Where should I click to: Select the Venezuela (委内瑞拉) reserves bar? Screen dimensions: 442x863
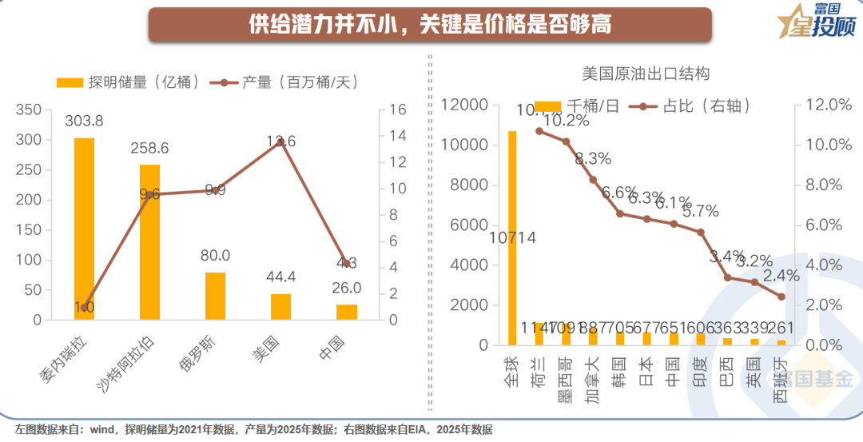pyautogui.click(x=84, y=229)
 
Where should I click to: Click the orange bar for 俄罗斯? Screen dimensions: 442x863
pyautogui.click(x=215, y=296)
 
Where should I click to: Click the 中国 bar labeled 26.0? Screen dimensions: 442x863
pyautogui.click(x=346, y=312)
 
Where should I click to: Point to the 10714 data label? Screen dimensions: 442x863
pyautogui.click(x=512, y=237)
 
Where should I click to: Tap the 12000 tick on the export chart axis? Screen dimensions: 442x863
pyautogui.click(x=465, y=106)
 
